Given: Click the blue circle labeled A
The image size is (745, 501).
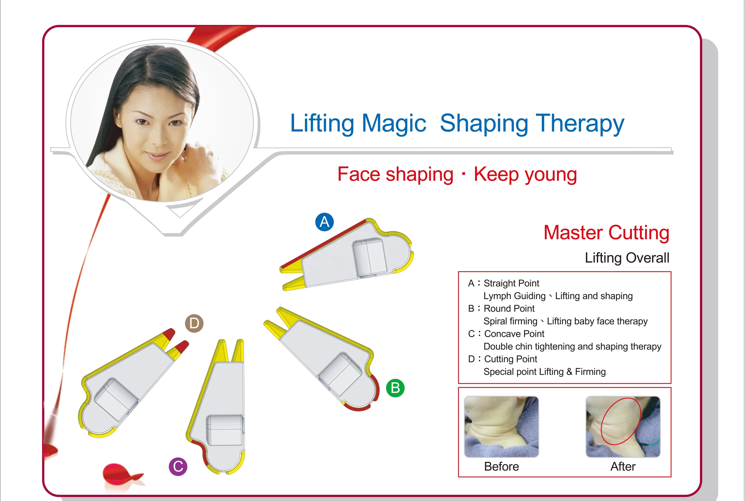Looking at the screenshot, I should coord(324,222).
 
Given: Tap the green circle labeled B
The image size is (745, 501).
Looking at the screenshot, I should coord(395,388).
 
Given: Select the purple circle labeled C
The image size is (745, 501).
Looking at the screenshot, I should coord(178,467).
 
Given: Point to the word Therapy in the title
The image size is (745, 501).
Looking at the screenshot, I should coord(580,123).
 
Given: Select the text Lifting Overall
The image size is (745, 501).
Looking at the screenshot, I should coord(627,258).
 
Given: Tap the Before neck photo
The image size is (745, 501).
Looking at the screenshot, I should coord(501,427).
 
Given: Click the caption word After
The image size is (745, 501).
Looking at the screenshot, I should coord(623,467).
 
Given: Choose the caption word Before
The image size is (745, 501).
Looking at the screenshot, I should coord(502,467).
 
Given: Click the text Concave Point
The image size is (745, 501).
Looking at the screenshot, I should coord(514,334).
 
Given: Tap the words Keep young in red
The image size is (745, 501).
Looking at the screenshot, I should coord(525,175).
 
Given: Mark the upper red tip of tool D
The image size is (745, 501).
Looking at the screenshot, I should coord(169,334).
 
